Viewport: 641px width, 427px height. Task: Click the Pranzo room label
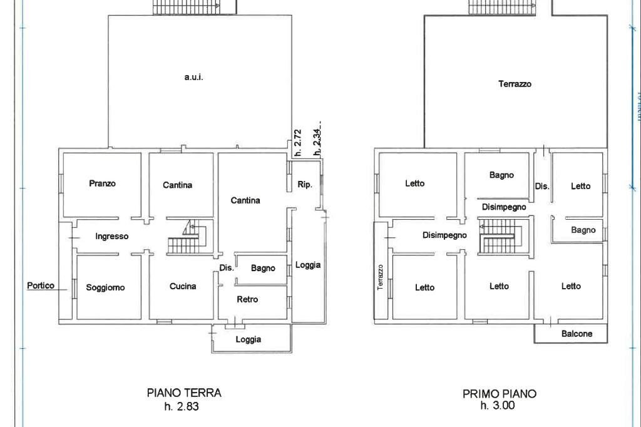102,184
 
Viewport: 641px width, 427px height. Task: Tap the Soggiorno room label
105,288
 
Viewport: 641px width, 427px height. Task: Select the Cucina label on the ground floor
183,287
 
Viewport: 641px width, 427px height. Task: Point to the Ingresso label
112,237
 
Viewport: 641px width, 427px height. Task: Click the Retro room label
247,300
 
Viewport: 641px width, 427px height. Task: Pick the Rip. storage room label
305,185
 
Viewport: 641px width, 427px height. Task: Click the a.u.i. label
194,78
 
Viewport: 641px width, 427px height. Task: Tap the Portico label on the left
41,286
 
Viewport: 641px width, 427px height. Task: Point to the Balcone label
577,334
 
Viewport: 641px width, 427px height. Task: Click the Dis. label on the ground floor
227,268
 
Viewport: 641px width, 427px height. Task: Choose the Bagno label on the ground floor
263,269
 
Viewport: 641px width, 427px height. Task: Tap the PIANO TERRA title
184,393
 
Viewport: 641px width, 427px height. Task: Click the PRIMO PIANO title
500,394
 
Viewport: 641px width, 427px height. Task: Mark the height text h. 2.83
182,406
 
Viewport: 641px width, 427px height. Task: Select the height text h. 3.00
497,406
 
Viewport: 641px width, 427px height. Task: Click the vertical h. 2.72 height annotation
298,138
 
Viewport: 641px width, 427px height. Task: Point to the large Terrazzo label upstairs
515,84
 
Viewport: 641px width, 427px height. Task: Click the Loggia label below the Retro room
249,340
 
